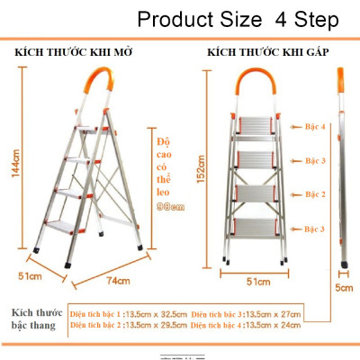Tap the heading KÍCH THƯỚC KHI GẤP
[267, 53]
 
